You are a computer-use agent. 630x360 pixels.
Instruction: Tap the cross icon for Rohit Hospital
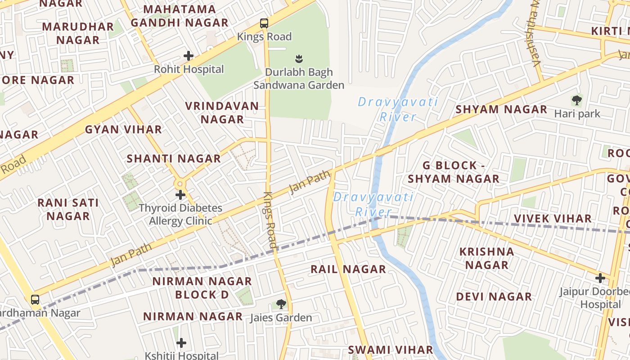(x=189, y=56)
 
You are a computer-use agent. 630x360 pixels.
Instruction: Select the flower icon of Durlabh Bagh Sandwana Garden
(x=298, y=58)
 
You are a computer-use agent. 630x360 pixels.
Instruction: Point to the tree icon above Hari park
(x=576, y=100)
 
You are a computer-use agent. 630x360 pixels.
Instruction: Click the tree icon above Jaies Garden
(x=281, y=304)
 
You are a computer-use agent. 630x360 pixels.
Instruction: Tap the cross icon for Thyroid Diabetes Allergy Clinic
(x=180, y=195)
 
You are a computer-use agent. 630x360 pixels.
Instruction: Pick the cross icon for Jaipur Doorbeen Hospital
(x=600, y=278)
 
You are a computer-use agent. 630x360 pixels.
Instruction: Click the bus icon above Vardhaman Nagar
(x=35, y=299)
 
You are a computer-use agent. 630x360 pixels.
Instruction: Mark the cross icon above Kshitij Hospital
(x=181, y=343)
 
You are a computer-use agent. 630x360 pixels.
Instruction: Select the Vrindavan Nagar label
(x=222, y=112)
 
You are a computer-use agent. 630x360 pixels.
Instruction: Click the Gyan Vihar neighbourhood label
(x=123, y=130)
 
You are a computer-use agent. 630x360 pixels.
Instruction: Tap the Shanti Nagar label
(x=174, y=158)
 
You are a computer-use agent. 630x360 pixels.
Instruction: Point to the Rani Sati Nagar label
(x=68, y=209)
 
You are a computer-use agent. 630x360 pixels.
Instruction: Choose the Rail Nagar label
(x=348, y=269)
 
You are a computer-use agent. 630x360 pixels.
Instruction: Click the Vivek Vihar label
(x=553, y=219)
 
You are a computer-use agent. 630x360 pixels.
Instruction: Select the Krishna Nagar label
(x=486, y=258)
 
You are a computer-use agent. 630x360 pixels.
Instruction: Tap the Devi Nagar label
(x=494, y=297)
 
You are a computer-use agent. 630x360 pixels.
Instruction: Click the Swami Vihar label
(x=390, y=350)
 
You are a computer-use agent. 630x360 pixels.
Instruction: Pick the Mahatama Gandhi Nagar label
(x=180, y=16)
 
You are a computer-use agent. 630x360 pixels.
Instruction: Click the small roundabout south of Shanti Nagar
(x=180, y=184)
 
